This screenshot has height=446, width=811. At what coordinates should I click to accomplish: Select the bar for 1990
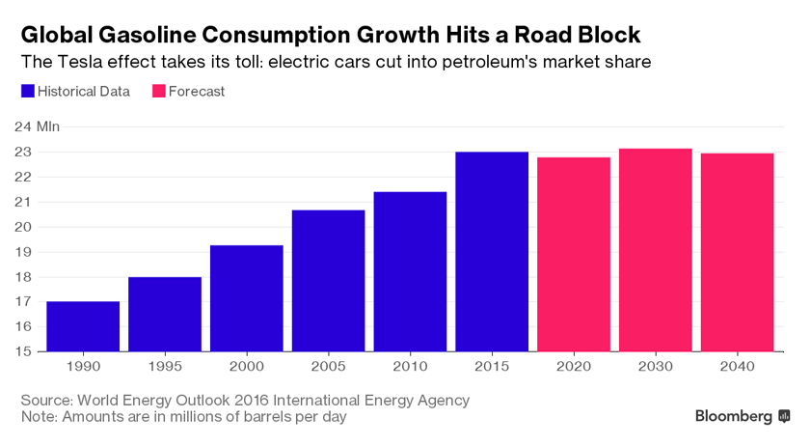click(x=83, y=326)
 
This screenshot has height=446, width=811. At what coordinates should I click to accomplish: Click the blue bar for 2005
click(x=329, y=281)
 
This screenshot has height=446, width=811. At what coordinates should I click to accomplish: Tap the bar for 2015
click(x=492, y=252)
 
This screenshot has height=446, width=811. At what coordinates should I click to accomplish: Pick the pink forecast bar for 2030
click(x=656, y=250)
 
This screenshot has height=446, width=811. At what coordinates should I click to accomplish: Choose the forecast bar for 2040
click(x=737, y=252)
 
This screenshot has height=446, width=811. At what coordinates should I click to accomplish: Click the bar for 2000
click(x=247, y=298)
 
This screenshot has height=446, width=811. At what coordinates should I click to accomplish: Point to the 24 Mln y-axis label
click(x=38, y=126)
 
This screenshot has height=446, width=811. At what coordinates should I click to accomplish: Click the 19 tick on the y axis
click(x=23, y=252)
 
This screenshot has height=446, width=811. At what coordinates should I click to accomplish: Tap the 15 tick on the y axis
click(x=23, y=351)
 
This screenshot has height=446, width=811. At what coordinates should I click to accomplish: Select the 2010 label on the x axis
click(x=410, y=367)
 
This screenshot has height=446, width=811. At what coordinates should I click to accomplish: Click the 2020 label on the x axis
click(x=574, y=367)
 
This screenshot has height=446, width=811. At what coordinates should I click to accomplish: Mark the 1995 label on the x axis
click(x=165, y=367)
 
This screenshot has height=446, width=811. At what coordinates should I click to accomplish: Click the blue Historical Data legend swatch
click(x=28, y=91)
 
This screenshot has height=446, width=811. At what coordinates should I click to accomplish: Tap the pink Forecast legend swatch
click(x=159, y=91)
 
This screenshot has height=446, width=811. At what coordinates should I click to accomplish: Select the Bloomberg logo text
click(x=734, y=416)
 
